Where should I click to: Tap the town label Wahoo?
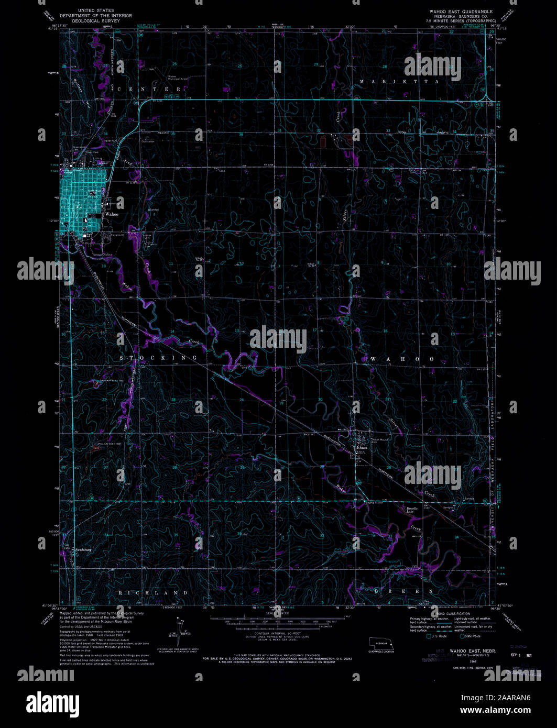[x=112, y=214]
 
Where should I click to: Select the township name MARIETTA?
[x=399, y=82]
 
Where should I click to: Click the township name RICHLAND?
[x=153, y=592]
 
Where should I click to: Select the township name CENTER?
[x=150, y=90]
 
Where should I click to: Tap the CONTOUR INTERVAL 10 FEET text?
[x=278, y=633]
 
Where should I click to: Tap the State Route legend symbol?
[x=462, y=636]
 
